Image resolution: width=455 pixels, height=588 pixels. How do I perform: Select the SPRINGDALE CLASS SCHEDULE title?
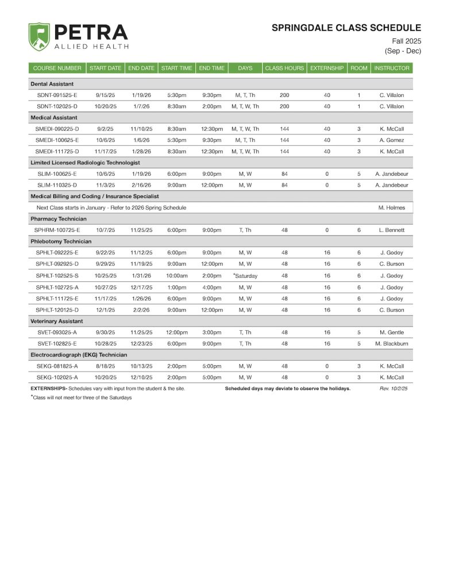pyautogui.click(x=346, y=28)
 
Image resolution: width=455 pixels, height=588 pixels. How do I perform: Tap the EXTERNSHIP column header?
pyautogui.click(x=327, y=68)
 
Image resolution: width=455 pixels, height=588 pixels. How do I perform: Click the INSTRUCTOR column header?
pyautogui.click(x=391, y=68)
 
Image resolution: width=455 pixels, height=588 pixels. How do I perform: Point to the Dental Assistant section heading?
pyautogui.click(x=52, y=84)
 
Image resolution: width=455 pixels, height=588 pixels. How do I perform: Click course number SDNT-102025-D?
pyautogui.click(x=57, y=106)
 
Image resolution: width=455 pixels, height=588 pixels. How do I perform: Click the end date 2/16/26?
pyautogui.click(x=140, y=185)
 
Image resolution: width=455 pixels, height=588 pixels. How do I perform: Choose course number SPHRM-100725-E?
pyautogui.click(x=59, y=230)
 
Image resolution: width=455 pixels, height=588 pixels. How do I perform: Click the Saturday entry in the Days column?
pyautogui.click(x=245, y=276)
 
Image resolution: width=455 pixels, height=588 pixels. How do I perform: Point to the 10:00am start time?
pyautogui.click(x=176, y=276)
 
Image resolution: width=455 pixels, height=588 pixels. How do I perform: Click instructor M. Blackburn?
pyautogui.click(x=391, y=343)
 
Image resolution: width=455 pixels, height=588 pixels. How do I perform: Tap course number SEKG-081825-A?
pyautogui.click(x=57, y=366)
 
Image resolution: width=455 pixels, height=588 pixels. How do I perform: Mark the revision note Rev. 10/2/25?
pyautogui.click(x=394, y=389)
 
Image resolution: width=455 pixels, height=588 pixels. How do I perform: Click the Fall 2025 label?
pyautogui.click(x=407, y=41)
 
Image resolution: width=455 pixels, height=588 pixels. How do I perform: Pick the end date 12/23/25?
pyautogui.click(x=140, y=343)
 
